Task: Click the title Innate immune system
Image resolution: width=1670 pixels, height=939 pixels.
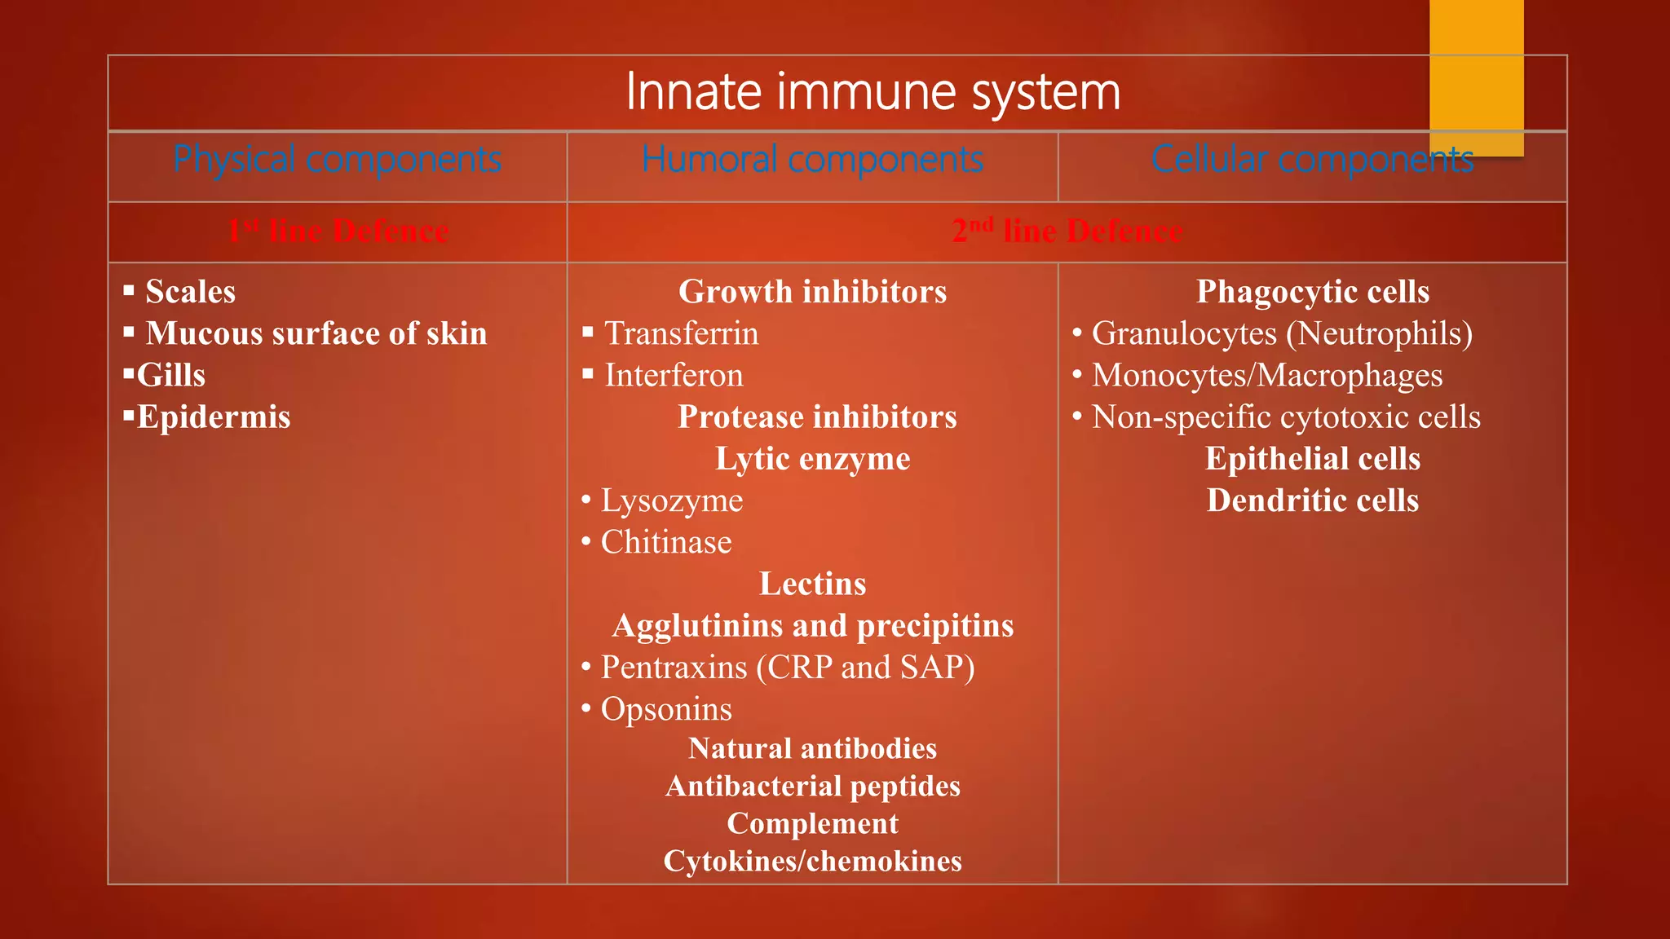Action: (x=873, y=91)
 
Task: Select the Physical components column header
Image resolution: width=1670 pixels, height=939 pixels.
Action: (x=337, y=160)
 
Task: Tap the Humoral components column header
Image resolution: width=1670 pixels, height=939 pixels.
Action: (x=812, y=160)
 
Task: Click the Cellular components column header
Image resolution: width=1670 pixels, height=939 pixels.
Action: (x=1311, y=160)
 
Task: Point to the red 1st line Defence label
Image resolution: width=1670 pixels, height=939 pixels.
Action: (x=338, y=231)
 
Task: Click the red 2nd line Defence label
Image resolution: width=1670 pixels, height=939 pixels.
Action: (x=1067, y=231)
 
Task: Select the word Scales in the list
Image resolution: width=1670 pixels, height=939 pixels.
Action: (x=190, y=292)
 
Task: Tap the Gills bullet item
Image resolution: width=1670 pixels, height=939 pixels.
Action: (x=170, y=376)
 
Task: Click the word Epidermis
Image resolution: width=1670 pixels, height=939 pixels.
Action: (x=213, y=417)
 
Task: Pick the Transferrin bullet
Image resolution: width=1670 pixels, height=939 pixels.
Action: (x=681, y=333)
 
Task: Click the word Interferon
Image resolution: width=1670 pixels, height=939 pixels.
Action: (x=674, y=376)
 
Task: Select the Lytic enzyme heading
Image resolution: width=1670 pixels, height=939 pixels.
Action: (x=812, y=459)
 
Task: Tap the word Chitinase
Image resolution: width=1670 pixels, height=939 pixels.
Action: (x=665, y=543)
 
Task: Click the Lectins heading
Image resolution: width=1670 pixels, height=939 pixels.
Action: (x=812, y=584)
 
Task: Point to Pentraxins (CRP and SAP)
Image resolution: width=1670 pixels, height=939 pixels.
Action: (x=787, y=668)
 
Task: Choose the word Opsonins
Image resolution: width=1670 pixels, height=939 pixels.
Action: (x=665, y=709)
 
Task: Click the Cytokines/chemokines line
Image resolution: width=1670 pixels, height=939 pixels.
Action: (x=812, y=861)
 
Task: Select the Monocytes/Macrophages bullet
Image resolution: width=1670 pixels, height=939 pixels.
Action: (x=1266, y=376)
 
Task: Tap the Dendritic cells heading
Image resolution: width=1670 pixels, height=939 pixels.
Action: (x=1312, y=500)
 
